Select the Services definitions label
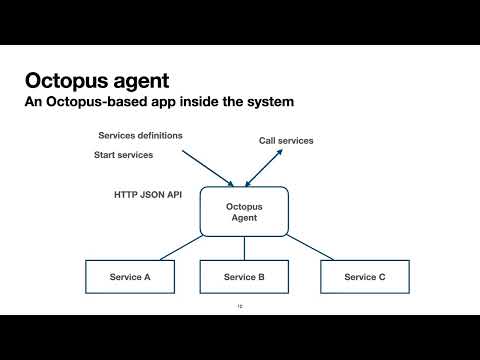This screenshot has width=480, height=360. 139,135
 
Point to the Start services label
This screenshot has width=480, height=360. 124,155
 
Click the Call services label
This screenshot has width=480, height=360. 279,141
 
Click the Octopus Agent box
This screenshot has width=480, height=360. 244,212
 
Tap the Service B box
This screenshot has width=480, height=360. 244,277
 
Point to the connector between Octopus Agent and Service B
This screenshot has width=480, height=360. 244,248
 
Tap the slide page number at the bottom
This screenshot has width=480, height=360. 240,306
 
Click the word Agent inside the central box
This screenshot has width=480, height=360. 244,219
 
